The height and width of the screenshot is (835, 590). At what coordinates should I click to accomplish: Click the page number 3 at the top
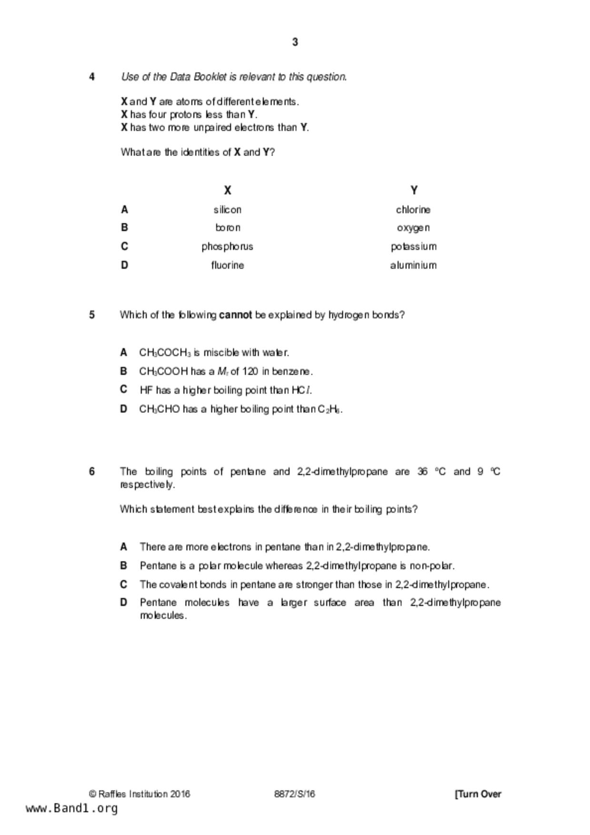[x=295, y=42]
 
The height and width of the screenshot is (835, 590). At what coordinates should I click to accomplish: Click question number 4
[x=92, y=77]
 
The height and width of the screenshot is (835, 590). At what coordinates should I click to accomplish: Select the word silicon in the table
[x=227, y=209]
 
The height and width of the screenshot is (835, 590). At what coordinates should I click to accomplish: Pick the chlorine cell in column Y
[x=413, y=209]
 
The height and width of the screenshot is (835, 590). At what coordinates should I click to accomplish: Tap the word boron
[x=228, y=228]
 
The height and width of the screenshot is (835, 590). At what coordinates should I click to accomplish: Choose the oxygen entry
[x=413, y=228]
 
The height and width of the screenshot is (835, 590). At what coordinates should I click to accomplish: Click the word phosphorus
[x=227, y=247]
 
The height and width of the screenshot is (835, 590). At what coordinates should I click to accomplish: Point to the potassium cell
[x=413, y=247]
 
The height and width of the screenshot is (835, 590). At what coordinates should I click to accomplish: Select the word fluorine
[x=227, y=265]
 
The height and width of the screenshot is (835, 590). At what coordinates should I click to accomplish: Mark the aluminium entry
[x=413, y=265]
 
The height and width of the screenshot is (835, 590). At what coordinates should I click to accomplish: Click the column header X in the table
[x=228, y=190]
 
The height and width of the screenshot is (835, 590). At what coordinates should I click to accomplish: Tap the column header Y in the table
[x=414, y=190]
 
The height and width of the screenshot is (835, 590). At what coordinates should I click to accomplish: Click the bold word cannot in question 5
[x=235, y=315]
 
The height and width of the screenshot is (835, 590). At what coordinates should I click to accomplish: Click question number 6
[x=92, y=471]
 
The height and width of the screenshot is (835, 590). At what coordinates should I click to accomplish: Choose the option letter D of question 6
[x=124, y=603]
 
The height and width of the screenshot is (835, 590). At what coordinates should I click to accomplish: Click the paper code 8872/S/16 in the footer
[x=294, y=794]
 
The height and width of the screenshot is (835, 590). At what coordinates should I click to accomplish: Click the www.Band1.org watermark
[x=71, y=808]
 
